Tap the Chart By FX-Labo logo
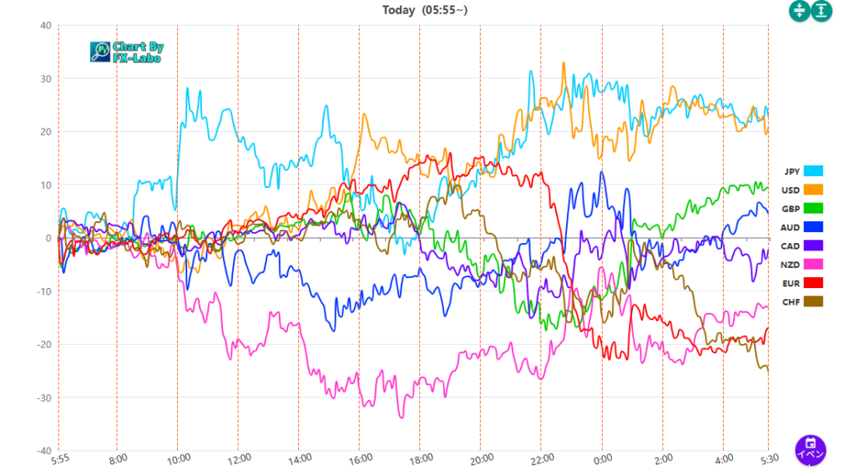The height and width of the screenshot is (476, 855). (126, 53)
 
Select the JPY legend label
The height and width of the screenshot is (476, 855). (792, 171)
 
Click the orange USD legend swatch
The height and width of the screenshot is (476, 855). (813, 190)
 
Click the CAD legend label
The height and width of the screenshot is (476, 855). (791, 246)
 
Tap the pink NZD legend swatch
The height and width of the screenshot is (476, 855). (813, 264)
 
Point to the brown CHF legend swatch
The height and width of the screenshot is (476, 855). (813, 301)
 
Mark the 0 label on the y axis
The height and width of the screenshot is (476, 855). (48, 238)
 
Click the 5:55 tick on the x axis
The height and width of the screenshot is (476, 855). (60, 458)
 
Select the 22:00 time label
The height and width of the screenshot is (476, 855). (541, 458)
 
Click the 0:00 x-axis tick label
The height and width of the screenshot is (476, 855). (603, 458)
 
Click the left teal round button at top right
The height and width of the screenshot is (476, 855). (800, 11)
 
